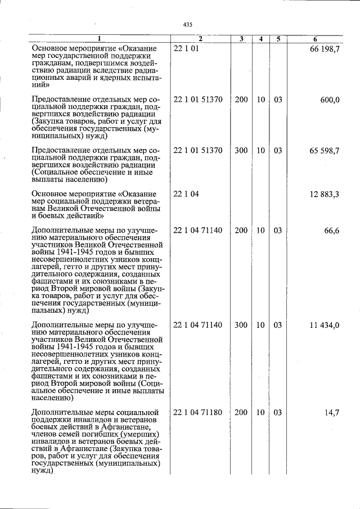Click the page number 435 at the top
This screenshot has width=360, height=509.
(x=188, y=24)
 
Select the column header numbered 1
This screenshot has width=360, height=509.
(x=100, y=39)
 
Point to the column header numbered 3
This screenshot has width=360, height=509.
(x=241, y=39)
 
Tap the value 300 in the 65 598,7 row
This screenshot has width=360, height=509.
(x=241, y=151)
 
